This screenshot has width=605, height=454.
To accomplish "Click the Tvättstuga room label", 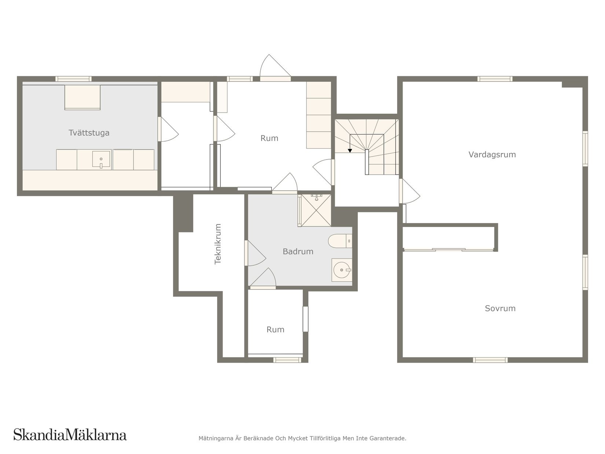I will pos(89,133).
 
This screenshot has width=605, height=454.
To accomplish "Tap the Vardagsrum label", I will pos(492,154).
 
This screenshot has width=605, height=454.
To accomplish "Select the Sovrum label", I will pos(500,308).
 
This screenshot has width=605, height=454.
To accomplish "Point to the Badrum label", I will pos(298,252).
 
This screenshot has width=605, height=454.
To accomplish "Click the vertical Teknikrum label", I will pos(218,244).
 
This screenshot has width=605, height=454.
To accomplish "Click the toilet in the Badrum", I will pos(339,241).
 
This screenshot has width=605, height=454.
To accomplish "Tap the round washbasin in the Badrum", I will pos(341,270).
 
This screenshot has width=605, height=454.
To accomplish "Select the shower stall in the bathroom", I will pos(315,210).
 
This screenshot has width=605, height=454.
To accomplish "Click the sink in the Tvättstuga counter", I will pos(101,160).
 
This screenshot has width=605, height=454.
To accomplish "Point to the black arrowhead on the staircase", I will pos(350,150).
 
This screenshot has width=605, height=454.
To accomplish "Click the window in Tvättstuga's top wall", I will pos(73,78).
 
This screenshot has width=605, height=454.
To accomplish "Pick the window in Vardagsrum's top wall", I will pos(495,78).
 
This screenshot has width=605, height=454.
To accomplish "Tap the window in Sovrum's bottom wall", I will pos(490,360).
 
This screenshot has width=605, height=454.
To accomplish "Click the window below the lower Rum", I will pos(287,360).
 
